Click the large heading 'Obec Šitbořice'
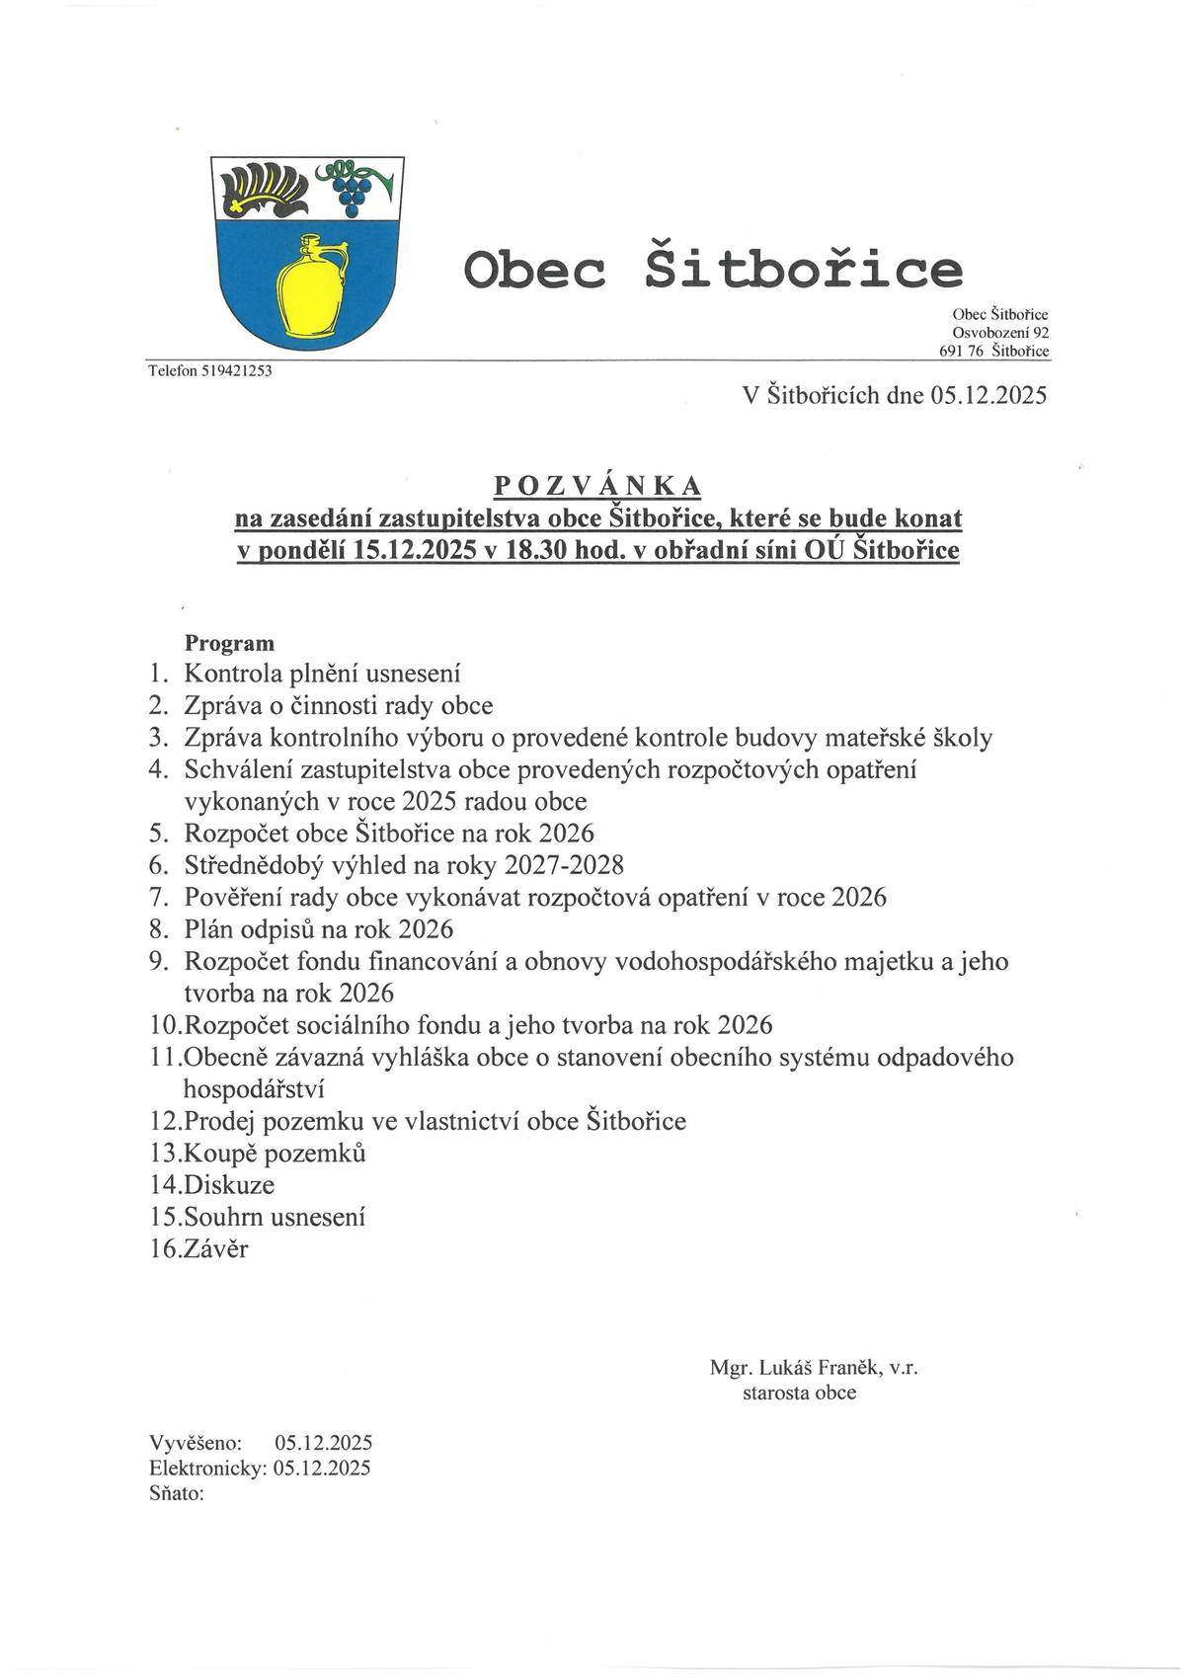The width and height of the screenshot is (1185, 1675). [x=713, y=269]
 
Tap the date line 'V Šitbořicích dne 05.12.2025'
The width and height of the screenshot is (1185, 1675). [x=894, y=396]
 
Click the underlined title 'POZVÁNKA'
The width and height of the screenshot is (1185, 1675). [x=597, y=485]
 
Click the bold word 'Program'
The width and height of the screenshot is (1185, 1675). [x=229, y=643]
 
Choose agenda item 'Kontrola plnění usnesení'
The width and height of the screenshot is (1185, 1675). [x=323, y=675]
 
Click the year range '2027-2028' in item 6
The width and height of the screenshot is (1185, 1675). [x=564, y=866]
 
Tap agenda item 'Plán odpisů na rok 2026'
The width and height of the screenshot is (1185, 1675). [x=319, y=929]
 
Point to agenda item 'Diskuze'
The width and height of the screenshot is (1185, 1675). [x=229, y=1184]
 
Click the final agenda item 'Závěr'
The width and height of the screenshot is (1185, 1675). [x=216, y=1248]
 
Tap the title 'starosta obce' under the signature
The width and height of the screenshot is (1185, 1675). [x=800, y=1394]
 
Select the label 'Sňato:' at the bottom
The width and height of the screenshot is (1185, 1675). [x=177, y=1493]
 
